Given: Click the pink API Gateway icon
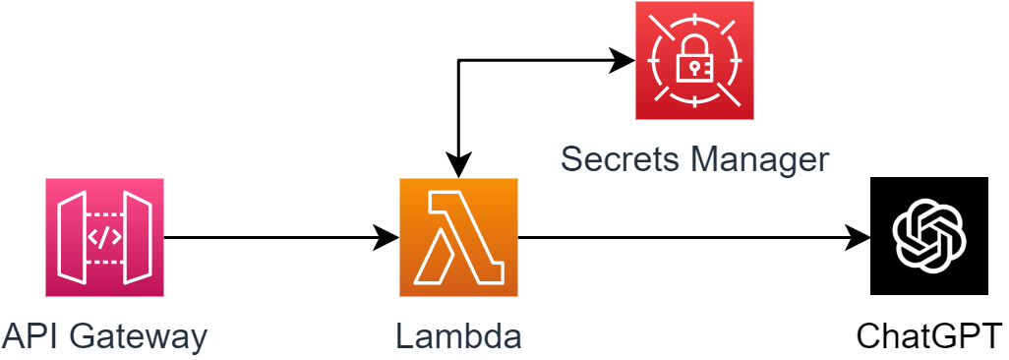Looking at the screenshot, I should pyautogui.click(x=104, y=237).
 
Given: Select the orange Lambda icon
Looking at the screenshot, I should pyautogui.click(x=458, y=237).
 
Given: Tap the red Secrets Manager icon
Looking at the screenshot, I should pyautogui.click(x=694, y=61).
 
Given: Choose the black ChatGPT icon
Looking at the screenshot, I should pyautogui.click(x=929, y=236).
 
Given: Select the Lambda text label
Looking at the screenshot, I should pyautogui.click(x=458, y=337).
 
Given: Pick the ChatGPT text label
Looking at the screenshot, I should pyautogui.click(x=929, y=337).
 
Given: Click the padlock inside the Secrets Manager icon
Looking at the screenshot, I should pyautogui.click(x=694, y=63).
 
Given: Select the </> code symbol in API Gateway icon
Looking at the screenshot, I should pyautogui.click(x=104, y=237).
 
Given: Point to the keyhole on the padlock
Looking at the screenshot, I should pyautogui.click(x=694, y=68).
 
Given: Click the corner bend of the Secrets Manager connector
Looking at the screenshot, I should pyautogui.click(x=458, y=61).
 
